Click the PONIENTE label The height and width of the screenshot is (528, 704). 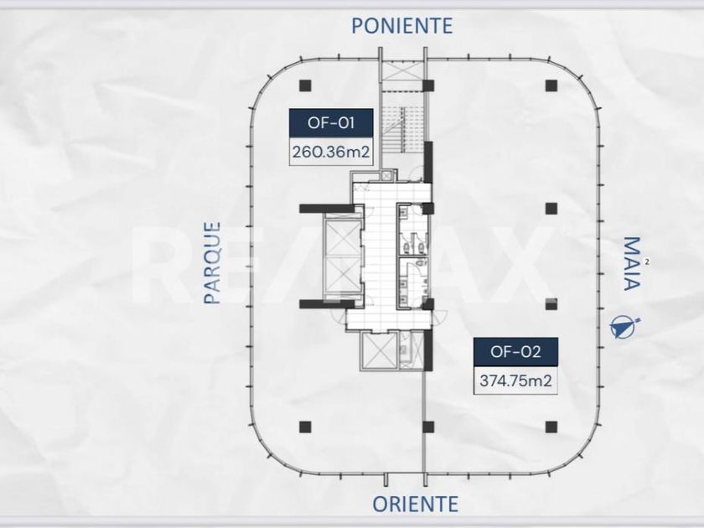(x=401, y=26)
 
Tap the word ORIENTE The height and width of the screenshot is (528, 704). (x=416, y=505)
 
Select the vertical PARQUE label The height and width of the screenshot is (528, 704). (x=212, y=262)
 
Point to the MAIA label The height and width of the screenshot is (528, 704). (x=631, y=264)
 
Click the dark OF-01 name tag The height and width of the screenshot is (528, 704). (x=331, y=122)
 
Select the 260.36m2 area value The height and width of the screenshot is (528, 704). (x=331, y=152)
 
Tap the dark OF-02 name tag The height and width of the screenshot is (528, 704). (x=516, y=351)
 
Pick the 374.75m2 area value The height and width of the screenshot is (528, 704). (x=516, y=380)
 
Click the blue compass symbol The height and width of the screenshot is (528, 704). (x=624, y=326)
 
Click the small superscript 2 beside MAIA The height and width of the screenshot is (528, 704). (x=646, y=261)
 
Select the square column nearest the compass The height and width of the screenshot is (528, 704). (x=551, y=304)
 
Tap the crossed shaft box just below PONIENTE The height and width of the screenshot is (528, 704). (x=402, y=71)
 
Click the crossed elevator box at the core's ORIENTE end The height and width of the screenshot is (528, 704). (x=380, y=351)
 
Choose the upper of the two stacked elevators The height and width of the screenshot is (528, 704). (x=343, y=239)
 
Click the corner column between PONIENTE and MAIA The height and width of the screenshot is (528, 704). (x=551, y=85)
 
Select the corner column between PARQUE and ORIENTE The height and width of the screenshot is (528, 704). (x=305, y=427)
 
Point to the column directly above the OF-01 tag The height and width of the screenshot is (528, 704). (x=305, y=85)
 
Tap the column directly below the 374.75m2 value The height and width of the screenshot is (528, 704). (x=551, y=427)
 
